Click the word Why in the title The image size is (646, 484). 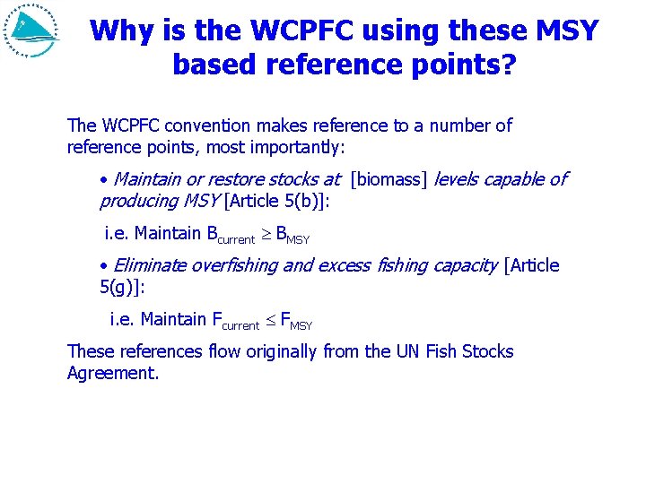pos(121,31)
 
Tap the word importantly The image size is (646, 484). pos(305,146)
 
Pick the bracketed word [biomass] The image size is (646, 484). pos(389,179)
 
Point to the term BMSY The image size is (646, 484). pos(292,236)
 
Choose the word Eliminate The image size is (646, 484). pos(151,265)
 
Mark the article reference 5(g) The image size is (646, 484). pos(119,287)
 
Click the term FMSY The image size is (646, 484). pos(296,321)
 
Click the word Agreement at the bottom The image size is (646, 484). pos(112,373)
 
